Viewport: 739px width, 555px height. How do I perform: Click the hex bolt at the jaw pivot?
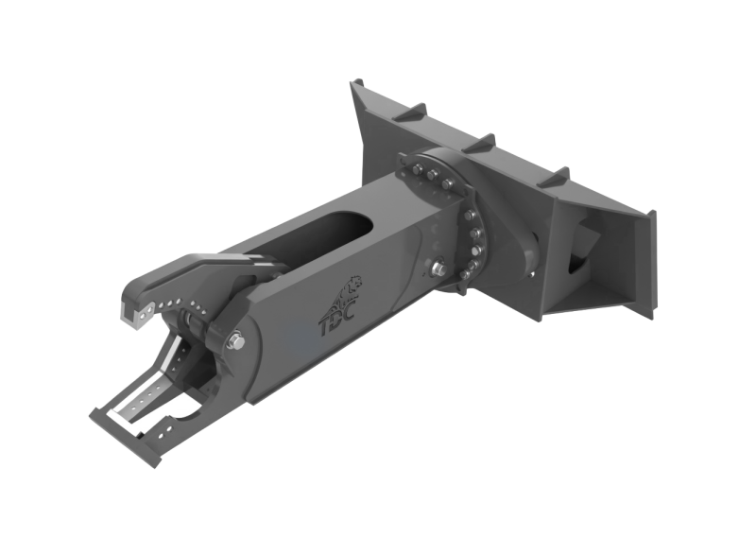(x=236, y=341)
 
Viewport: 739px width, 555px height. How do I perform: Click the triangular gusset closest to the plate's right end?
(x=554, y=177)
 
